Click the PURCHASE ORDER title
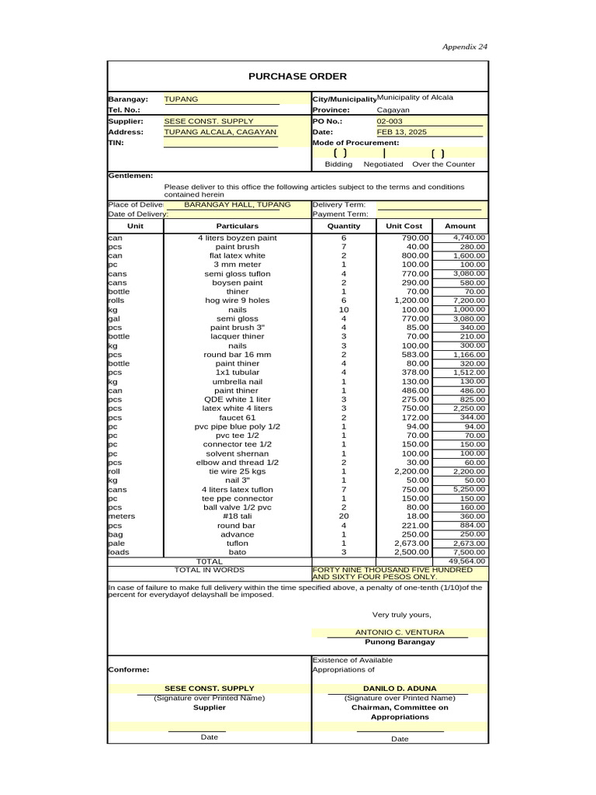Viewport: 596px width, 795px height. pos(297,76)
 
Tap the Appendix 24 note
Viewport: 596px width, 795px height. pos(465,47)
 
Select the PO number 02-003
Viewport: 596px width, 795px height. pos(390,122)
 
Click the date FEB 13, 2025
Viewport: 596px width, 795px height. pos(402,133)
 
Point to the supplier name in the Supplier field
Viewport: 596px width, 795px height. pos(209,122)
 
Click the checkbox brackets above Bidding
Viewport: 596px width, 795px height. pos(339,154)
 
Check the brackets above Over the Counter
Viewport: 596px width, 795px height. pos(438,154)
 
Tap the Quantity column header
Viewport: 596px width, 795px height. pos(344,226)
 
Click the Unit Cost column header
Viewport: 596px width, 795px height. pos(404,226)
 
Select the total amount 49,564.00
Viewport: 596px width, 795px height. pos(466,561)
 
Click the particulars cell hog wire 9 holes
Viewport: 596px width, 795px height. pos(237,300)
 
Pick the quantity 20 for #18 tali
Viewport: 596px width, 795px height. pos(344,516)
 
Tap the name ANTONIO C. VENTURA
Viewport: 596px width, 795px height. pos(400,633)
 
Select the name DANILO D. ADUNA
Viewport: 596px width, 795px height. pos(400,688)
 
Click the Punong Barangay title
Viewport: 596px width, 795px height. pos(400,642)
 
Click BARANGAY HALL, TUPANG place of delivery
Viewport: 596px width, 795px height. pos(237,204)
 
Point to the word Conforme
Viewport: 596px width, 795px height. pos(129,669)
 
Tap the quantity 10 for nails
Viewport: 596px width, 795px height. pos(344,309)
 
